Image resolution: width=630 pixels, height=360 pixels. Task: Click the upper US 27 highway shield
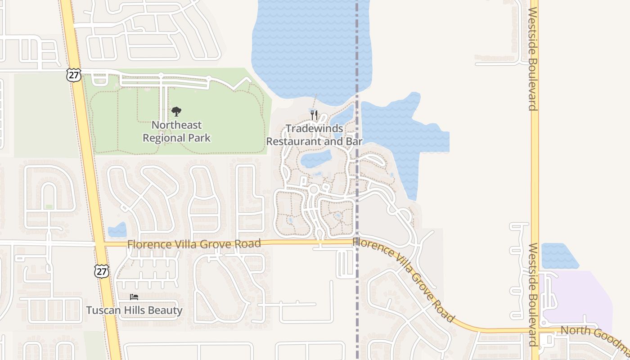(x=74, y=75)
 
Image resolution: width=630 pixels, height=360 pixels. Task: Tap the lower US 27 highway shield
(x=102, y=271)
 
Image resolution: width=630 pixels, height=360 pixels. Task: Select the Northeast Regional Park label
(x=176, y=131)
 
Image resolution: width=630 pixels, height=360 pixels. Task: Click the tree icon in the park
(x=176, y=112)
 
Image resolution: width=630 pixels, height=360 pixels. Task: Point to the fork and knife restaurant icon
(x=314, y=115)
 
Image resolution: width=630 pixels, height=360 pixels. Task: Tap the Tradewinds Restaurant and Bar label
(x=314, y=135)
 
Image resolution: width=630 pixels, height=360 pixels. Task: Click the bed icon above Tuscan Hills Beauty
(x=134, y=297)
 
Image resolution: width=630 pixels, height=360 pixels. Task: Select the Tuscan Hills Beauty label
(x=134, y=310)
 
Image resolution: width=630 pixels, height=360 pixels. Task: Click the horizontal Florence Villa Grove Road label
(x=194, y=244)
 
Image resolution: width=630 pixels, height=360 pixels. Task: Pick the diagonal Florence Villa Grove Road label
(x=403, y=279)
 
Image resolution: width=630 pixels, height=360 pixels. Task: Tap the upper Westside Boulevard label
(x=533, y=58)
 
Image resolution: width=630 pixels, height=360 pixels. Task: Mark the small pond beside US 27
(x=117, y=230)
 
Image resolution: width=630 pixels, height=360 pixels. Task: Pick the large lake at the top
(x=310, y=45)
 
